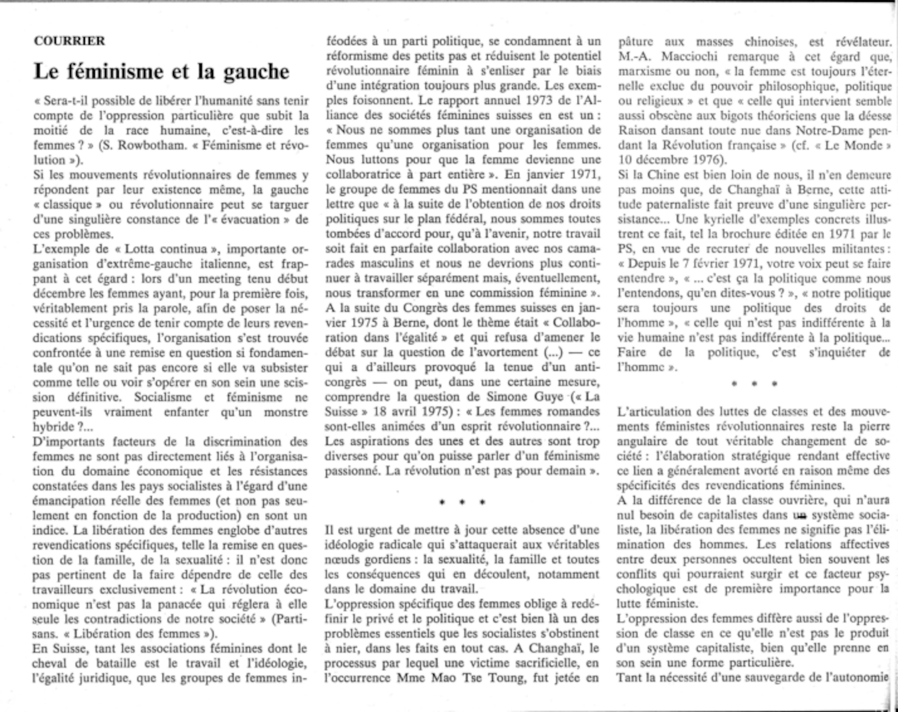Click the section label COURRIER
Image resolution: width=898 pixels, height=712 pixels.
(69, 41)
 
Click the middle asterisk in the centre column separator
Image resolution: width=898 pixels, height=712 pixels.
(462, 502)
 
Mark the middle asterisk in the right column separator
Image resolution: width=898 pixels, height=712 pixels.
(754, 384)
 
